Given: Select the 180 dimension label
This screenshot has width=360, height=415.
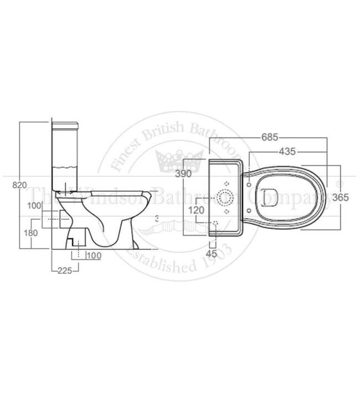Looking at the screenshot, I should click(30, 233).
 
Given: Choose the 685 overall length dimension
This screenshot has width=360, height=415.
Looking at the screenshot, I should click(269, 136).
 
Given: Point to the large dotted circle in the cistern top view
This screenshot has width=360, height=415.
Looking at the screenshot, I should click(226, 195).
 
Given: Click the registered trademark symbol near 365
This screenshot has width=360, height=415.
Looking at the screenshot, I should click(340, 182).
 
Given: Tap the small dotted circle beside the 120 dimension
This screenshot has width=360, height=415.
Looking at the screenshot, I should click(217, 223).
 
